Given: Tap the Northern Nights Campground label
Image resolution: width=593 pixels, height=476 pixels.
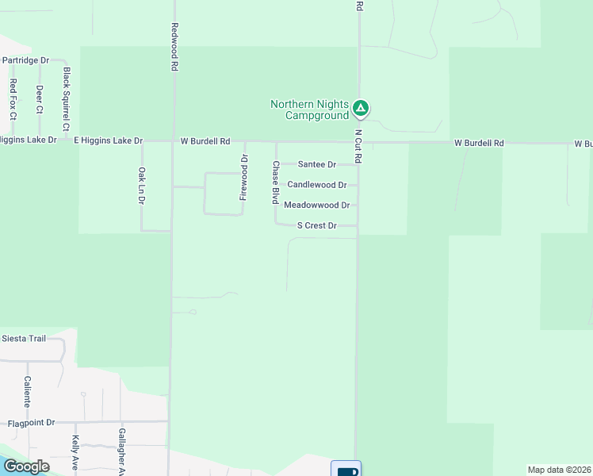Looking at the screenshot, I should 309,109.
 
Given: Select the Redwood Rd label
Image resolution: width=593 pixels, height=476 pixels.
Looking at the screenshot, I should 174,47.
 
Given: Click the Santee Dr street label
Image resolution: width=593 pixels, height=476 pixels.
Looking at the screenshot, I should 317,164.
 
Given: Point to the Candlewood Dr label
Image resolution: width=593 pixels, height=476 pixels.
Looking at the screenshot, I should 317,185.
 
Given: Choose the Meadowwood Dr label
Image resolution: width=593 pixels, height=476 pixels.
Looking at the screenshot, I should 316,205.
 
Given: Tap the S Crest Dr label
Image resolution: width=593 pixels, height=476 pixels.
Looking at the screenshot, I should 317,225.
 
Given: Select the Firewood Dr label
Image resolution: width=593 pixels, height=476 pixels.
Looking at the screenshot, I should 244,176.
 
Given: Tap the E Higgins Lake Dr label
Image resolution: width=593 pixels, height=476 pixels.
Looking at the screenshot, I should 108,140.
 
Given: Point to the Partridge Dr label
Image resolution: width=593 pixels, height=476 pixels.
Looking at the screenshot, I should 25,59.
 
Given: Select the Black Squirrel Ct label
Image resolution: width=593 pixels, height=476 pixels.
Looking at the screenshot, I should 67,99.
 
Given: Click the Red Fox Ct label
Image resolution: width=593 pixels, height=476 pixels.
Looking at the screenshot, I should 13,99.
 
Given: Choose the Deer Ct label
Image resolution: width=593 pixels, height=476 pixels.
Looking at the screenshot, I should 39,99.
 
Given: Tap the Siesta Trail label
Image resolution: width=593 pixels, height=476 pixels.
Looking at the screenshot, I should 24,338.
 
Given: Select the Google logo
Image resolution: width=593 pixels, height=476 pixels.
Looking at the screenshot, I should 26,466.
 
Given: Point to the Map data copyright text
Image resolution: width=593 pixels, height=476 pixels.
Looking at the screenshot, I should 559,470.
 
